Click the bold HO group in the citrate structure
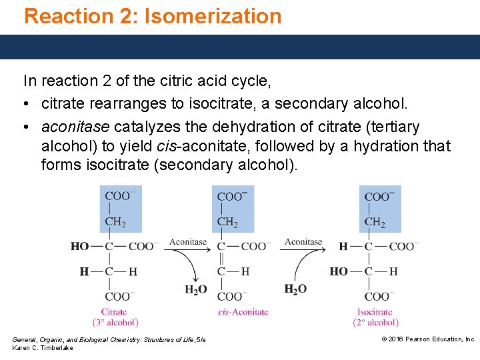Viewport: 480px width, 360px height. (79, 247)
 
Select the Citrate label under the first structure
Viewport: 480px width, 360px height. (114, 312)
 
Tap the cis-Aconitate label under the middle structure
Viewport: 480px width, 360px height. (243, 312)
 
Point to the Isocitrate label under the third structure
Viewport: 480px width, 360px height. (375, 312)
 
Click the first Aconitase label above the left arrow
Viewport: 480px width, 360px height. (187, 242)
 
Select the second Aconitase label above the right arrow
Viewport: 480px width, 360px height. (303, 242)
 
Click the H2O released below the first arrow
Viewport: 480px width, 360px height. (195, 289)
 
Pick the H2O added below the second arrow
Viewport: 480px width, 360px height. (295, 289)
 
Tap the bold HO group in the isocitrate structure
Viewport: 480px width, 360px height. (339, 271)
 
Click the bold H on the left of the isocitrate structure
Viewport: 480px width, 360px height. (343, 247)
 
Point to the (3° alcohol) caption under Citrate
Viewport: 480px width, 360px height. (115, 323)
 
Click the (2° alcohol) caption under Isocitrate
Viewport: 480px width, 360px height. (375, 323)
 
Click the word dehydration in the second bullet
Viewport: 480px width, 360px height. (263, 127)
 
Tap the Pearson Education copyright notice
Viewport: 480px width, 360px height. (428, 339)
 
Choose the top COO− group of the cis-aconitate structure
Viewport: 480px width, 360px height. (232, 197)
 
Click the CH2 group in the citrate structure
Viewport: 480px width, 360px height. (115, 222)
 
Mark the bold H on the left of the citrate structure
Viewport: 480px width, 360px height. (84, 271)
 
